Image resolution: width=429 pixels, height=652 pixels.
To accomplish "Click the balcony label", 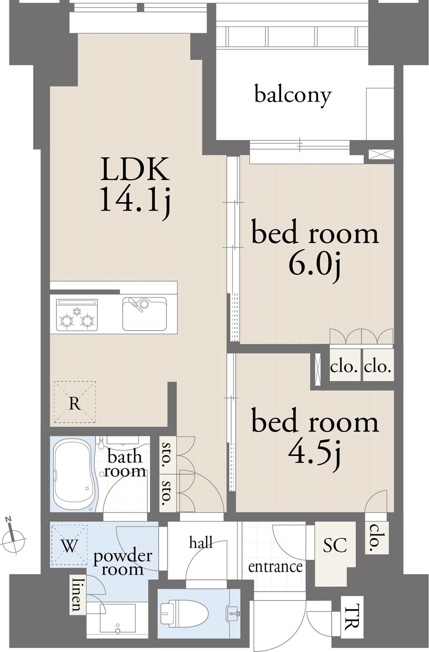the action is click(x=293, y=94).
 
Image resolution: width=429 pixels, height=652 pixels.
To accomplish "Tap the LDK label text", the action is click(x=135, y=169).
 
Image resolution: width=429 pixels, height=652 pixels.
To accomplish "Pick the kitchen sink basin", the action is click(x=145, y=313).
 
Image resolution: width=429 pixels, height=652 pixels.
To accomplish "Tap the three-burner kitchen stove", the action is click(x=77, y=315).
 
